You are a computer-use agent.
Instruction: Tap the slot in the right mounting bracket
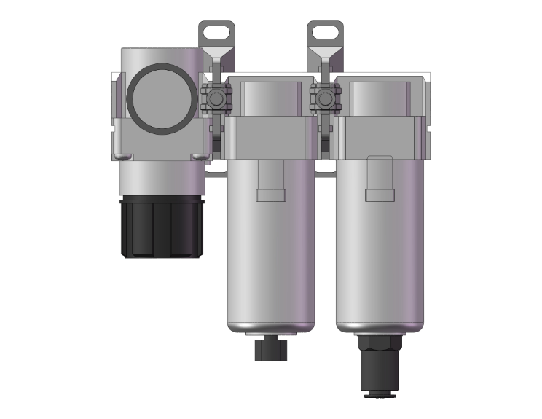pyautogui.click(x=324, y=32)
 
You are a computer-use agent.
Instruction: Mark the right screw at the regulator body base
pyautogui.click(x=197, y=157)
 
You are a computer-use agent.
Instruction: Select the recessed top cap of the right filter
pyautogui.click(x=377, y=98)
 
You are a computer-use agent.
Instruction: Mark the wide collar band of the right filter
pyautogui.click(x=377, y=138)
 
